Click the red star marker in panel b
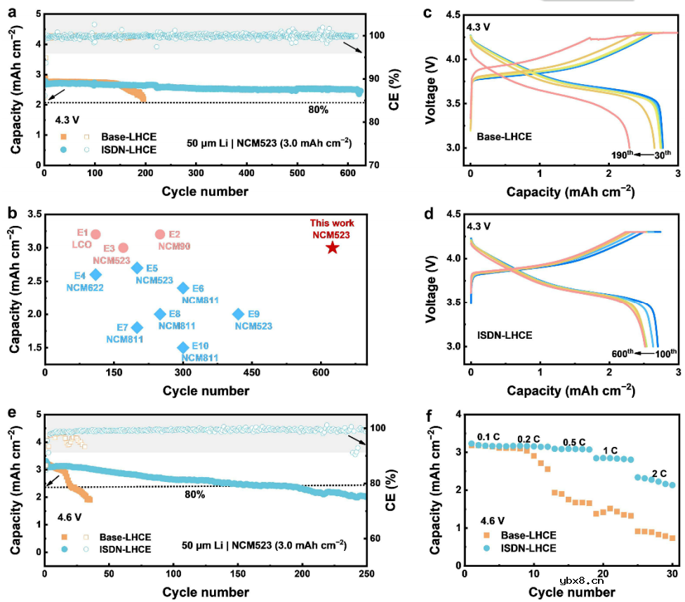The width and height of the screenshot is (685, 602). tap(332, 247)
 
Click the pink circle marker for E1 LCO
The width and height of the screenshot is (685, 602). tap(96, 234)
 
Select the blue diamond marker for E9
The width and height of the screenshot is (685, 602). tap(239, 314)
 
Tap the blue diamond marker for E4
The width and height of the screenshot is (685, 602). tap(96, 274)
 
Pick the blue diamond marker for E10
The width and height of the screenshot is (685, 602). tap(184, 347)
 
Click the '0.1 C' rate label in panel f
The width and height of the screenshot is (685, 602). tap(489, 437)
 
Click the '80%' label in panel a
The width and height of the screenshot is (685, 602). tap(319, 110)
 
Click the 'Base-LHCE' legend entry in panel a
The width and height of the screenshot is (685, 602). tap(126, 136)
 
